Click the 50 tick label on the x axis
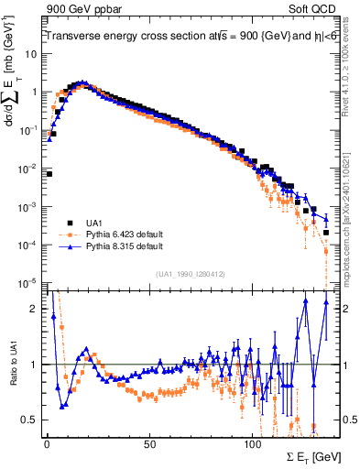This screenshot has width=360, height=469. coord(149,443)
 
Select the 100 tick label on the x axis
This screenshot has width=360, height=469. coord(252,443)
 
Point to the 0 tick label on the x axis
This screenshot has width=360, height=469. coord(47,443)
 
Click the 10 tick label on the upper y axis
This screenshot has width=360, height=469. coord(32,54)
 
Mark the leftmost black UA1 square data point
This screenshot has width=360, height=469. coord(49,173)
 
